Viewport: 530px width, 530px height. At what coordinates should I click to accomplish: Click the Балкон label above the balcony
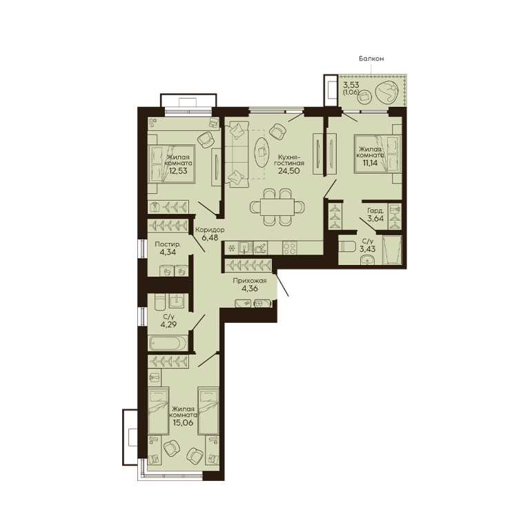pos(371,59)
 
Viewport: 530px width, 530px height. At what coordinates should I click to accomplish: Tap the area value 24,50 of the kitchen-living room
pos(288,170)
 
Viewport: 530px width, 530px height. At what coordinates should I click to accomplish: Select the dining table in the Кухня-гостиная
pos(277,207)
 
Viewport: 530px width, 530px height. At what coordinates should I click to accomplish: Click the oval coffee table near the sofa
pos(262,152)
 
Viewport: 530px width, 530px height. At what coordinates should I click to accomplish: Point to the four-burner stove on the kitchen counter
pos(290,248)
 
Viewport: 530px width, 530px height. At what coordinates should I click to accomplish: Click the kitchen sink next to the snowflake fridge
pos(244,248)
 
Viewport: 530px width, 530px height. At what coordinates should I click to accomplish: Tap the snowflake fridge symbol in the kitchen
pos(232,248)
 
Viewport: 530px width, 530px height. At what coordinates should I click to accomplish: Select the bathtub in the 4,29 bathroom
pos(168,343)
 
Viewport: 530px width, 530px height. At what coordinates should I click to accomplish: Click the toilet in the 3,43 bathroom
pos(346,246)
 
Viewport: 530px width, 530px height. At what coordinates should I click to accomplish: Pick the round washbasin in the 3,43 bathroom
pos(367,260)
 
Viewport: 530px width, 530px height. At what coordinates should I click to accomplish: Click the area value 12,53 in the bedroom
pos(178,171)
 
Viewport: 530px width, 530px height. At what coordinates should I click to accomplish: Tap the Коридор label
pos(210,230)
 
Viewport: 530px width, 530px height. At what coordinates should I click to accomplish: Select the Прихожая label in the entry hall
pos(250,281)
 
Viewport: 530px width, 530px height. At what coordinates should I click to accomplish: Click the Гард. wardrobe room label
pos(375,210)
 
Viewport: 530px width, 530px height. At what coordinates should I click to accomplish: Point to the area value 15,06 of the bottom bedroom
pos(182,422)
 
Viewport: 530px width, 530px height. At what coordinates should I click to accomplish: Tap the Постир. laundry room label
pos(168,244)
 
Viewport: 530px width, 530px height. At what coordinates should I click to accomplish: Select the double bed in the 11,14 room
pos(378,154)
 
